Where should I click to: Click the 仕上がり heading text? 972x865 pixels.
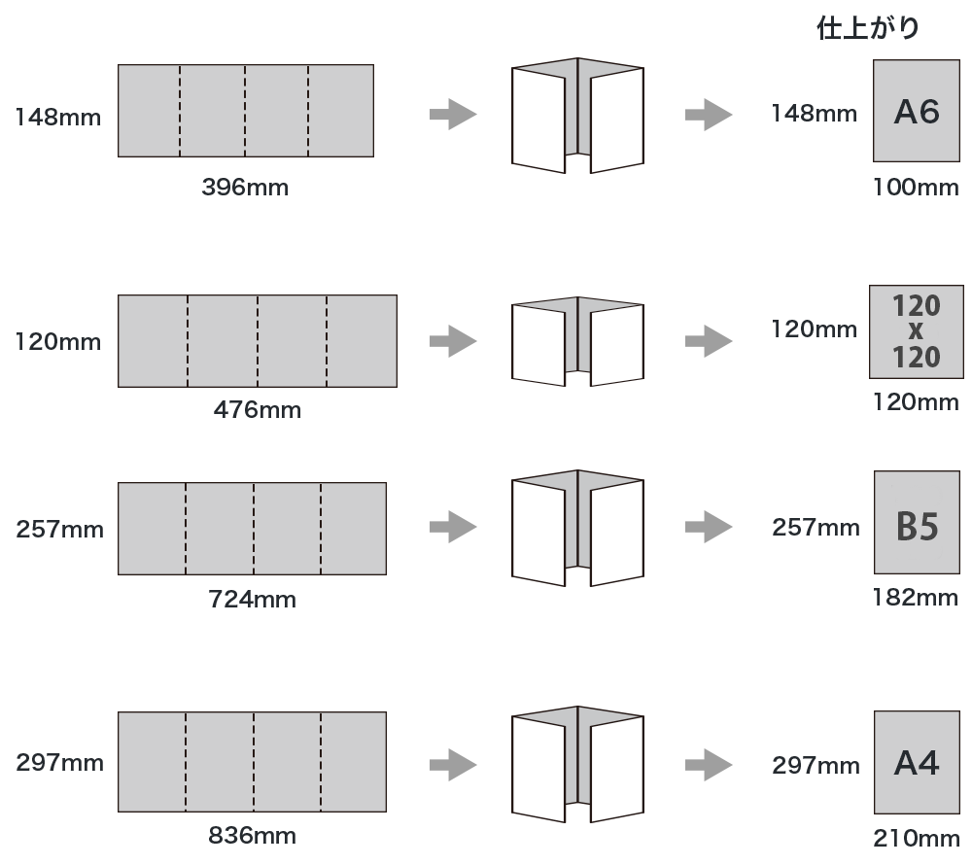[867, 29]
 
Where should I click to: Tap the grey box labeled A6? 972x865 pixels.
[916, 112]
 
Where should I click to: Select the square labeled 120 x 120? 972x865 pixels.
[916, 332]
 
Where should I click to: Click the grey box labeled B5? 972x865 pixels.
[916, 524]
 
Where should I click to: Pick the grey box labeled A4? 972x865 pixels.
[916, 763]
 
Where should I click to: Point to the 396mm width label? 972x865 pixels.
[245, 188]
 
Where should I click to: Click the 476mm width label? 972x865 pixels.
[257, 410]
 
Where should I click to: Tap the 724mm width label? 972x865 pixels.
[252, 599]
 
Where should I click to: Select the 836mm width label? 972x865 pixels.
[252, 835]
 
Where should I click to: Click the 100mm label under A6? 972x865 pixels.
[916, 188]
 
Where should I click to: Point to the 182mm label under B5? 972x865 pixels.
[916, 598]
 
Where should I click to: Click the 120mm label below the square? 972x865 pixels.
[916, 401]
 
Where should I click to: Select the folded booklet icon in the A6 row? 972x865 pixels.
[577, 116]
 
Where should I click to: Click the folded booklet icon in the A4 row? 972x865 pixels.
[577, 765]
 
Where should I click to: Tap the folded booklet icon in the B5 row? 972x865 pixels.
[577, 529]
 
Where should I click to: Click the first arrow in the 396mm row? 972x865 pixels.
[453, 114]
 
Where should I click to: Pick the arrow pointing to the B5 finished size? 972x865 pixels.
[709, 526]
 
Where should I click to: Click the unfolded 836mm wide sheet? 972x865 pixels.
[253, 761]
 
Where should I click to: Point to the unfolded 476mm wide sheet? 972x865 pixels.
[257, 341]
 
